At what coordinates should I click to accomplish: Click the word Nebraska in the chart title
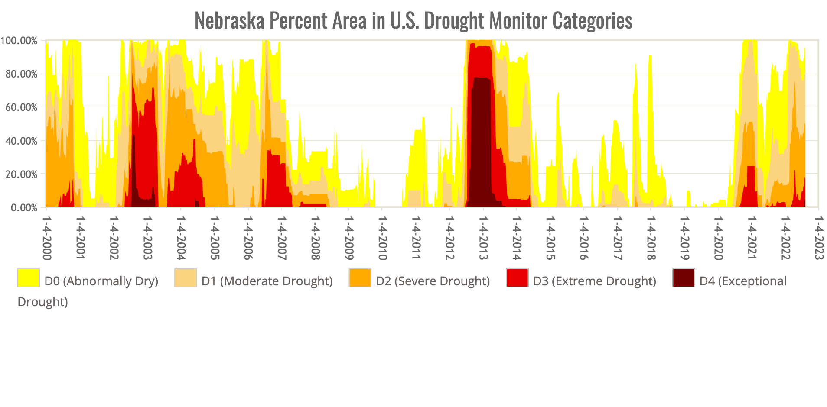(x=229, y=20)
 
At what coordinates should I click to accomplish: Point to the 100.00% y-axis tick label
(x=19, y=41)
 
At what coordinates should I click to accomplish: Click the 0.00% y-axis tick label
(x=23, y=208)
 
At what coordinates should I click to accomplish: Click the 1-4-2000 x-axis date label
(x=47, y=238)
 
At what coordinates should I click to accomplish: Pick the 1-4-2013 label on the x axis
(x=483, y=238)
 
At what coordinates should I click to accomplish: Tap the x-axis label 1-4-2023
(x=818, y=238)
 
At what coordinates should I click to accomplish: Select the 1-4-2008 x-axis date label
(x=316, y=238)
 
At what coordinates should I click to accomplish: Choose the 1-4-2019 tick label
(x=684, y=238)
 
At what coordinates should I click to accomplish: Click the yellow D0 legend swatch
(x=29, y=278)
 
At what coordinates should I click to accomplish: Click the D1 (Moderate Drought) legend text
(x=267, y=281)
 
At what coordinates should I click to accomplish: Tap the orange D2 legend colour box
(x=360, y=278)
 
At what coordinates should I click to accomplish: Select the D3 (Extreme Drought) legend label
(x=594, y=281)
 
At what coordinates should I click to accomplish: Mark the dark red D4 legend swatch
(x=684, y=278)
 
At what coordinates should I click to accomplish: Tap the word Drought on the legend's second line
(x=42, y=302)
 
